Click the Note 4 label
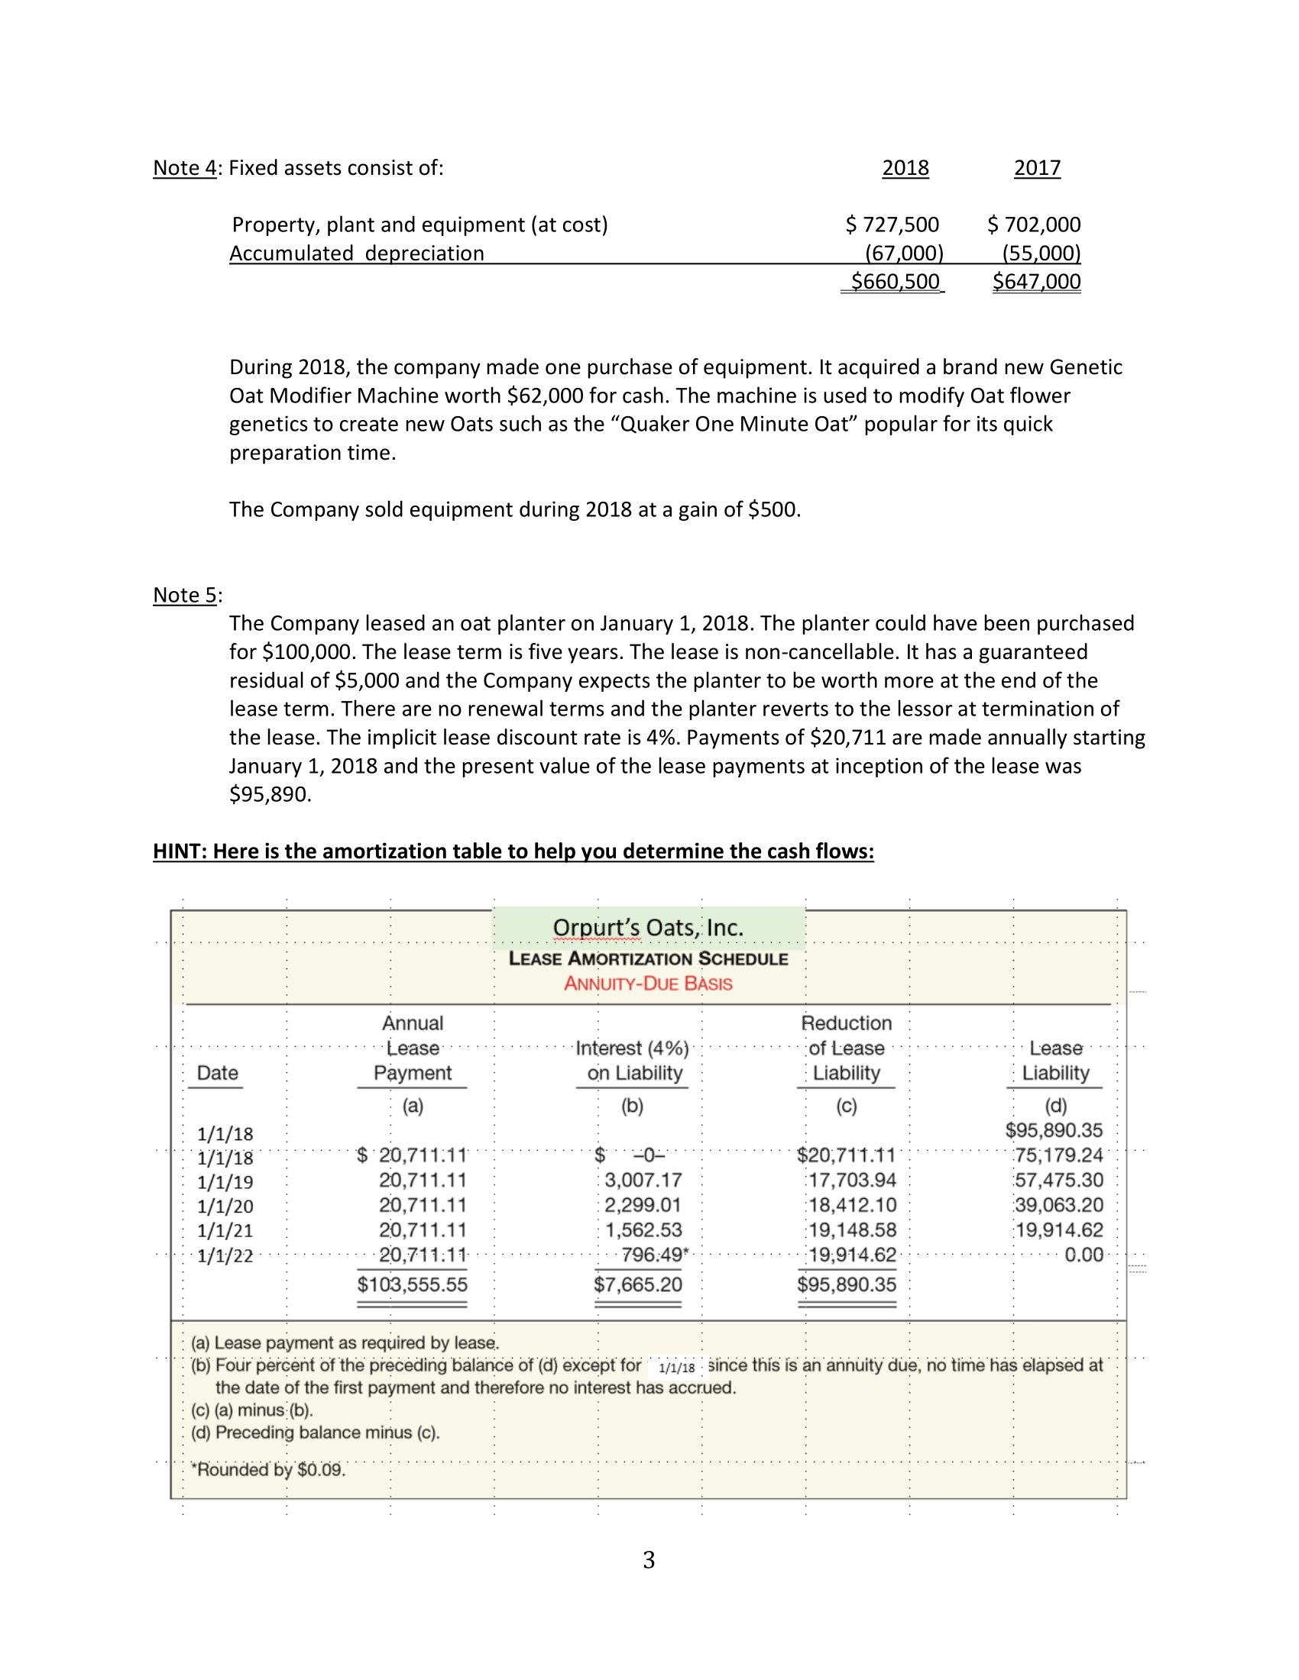coord(185,168)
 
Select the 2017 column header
coord(1037,168)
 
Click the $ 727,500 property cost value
coord(892,225)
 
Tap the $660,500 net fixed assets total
coord(894,282)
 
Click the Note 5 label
coord(185,595)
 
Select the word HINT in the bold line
coord(177,851)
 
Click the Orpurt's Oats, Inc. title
coord(648,928)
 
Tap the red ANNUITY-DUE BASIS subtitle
coord(648,984)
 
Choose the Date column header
coord(217,1073)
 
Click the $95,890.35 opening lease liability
coord(1054,1130)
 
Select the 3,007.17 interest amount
coord(643,1180)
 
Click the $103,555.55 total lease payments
coord(413,1284)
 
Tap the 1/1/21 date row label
coord(225,1231)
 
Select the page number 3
coord(649,1560)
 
